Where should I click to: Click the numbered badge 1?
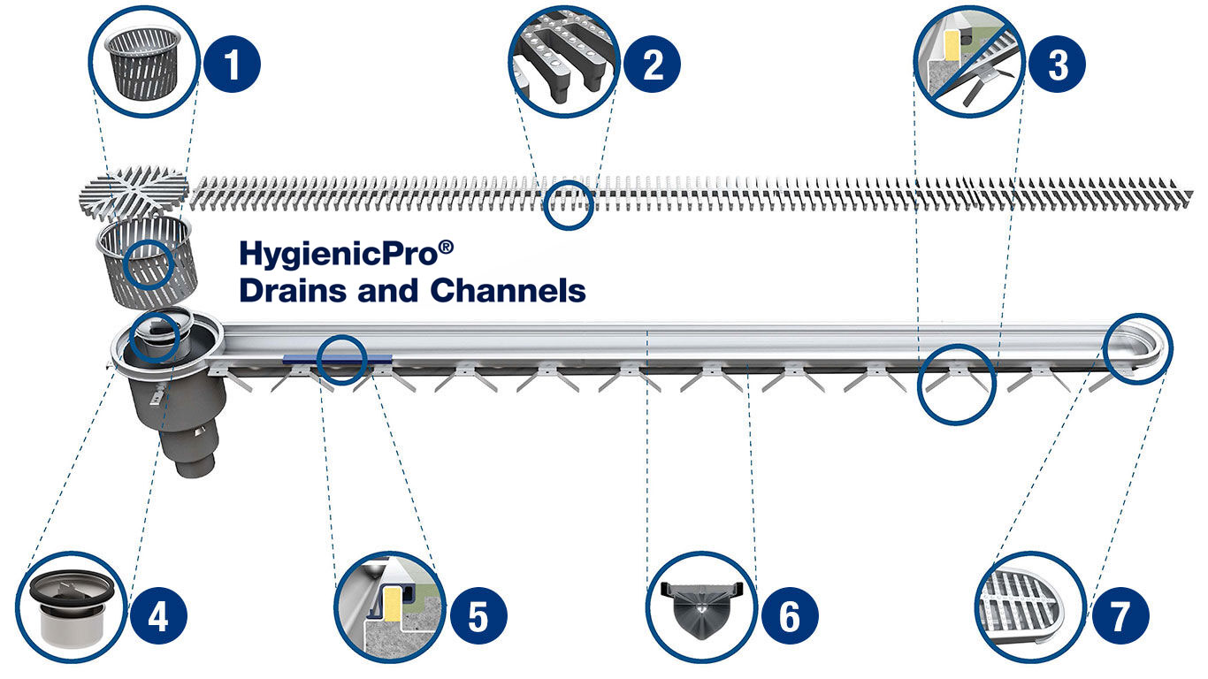point(232,66)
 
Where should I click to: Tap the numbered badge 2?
point(652,66)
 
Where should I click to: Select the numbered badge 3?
point(1057,66)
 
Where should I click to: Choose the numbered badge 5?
point(478,615)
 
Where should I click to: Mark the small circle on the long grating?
point(567,205)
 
